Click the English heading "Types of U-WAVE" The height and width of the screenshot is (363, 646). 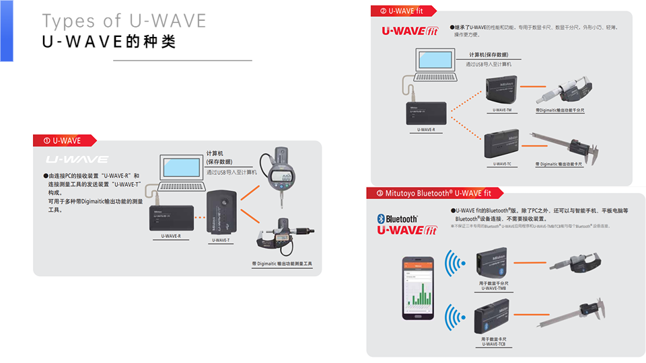(124, 20)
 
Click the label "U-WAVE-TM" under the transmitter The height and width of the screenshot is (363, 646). (503, 110)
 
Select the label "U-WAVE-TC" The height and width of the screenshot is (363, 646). (503, 164)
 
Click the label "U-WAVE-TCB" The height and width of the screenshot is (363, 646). (493, 344)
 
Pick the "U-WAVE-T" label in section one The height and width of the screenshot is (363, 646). (221, 239)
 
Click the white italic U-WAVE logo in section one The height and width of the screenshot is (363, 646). (77, 160)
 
